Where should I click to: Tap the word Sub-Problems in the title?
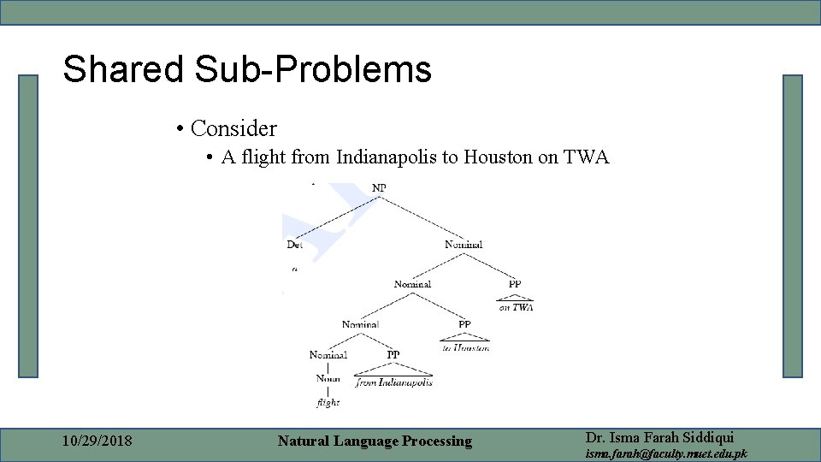[313, 69]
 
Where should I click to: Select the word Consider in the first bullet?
[233, 129]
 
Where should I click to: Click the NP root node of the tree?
[379, 187]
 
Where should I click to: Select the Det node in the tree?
[295, 245]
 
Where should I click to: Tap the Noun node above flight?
[328, 378]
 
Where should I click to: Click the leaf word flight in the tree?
[328, 402]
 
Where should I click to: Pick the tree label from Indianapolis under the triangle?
[394, 382]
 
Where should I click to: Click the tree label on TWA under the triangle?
[516, 307]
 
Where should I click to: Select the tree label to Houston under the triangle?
[465, 348]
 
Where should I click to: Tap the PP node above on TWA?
[514, 284]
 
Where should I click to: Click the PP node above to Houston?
[464, 324]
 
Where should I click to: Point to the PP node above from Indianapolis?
[393, 354]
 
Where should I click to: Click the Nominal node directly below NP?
[464, 245]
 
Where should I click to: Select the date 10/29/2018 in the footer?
[97, 441]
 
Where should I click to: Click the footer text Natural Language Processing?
[375, 441]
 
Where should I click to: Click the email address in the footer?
[665, 453]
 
